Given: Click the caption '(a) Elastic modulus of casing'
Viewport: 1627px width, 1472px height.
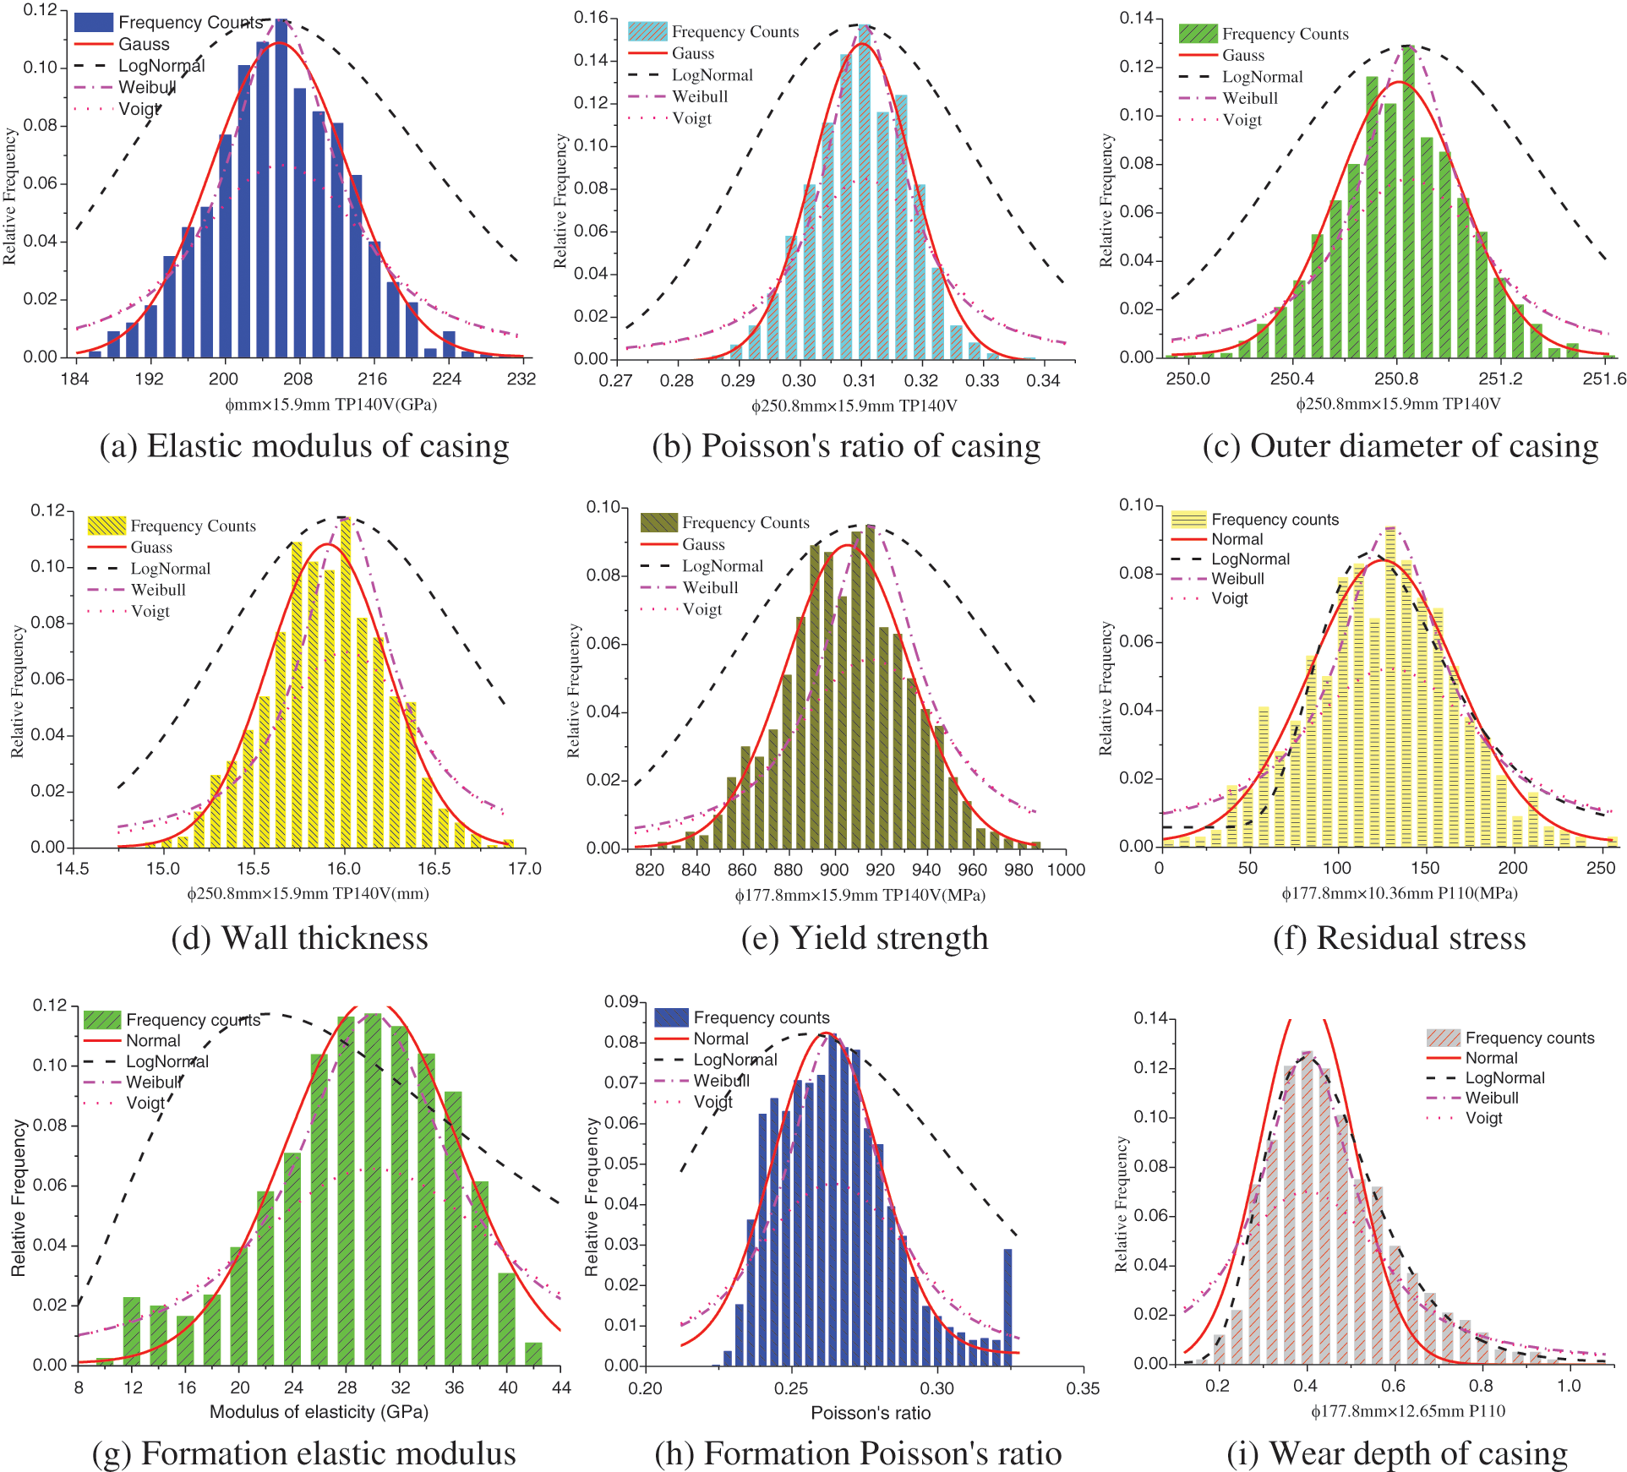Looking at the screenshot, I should (x=304, y=446).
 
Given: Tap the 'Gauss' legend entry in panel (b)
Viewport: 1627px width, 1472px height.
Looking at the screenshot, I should (x=693, y=53).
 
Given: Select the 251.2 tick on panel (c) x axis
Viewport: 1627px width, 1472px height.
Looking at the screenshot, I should (x=1500, y=379).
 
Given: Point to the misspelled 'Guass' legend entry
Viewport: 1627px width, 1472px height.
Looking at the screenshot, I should (x=151, y=548).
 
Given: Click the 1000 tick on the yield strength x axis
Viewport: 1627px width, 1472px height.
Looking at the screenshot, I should (x=1066, y=870).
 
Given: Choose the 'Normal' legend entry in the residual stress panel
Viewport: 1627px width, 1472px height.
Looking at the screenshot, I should (x=1237, y=539).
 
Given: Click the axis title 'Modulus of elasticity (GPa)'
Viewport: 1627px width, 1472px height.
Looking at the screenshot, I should (x=319, y=1412).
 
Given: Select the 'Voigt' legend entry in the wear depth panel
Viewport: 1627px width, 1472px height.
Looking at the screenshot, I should (x=1483, y=1118).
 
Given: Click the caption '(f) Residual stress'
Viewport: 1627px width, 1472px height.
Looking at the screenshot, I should (x=1399, y=938).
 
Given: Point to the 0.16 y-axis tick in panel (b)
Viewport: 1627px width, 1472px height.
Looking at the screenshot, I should (x=591, y=18).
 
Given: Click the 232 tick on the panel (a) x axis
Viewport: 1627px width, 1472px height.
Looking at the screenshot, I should (x=521, y=379).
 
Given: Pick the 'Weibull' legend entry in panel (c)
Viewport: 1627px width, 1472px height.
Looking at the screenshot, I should (x=1249, y=98).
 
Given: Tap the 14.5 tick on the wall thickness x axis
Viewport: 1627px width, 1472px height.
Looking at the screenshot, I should (x=73, y=869).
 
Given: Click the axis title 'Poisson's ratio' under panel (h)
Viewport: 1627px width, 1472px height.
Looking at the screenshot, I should (x=871, y=1413).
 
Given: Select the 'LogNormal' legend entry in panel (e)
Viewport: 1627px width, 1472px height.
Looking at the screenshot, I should (x=722, y=566).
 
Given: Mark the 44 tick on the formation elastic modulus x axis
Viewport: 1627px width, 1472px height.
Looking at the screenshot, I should (x=561, y=1387).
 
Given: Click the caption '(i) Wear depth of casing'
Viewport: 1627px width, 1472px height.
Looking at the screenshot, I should (x=1397, y=1453).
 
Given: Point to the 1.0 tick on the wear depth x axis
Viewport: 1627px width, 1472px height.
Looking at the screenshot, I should (x=1569, y=1386).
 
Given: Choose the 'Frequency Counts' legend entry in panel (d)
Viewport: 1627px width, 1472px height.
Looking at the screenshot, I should (x=193, y=526).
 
